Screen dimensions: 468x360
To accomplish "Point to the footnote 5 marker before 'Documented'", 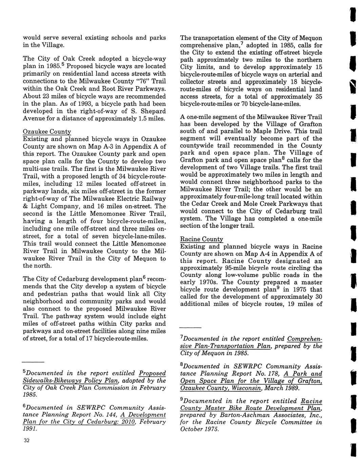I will tap(24, 371).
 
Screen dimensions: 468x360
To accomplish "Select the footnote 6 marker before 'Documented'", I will tap(24, 406).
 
